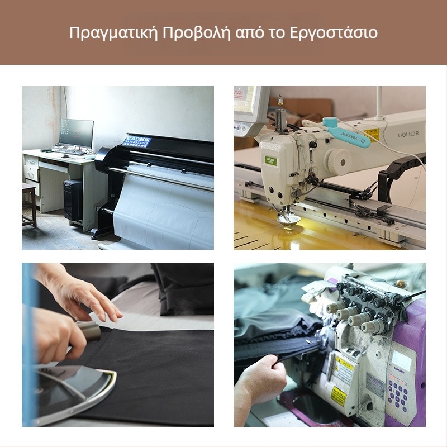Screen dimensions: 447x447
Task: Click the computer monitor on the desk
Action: coord(76,133)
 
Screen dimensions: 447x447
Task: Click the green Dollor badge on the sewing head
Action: coord(270,161)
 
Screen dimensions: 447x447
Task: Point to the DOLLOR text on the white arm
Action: coord(408,134)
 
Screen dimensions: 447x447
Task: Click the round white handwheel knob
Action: coord(338,161)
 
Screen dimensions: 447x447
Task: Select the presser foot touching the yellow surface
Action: coord(288,218)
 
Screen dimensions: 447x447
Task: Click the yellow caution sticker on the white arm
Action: coord(371,134)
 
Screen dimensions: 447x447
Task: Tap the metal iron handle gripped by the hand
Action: coord(89,330)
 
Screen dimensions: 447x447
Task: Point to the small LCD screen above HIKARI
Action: coord(400,360)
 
